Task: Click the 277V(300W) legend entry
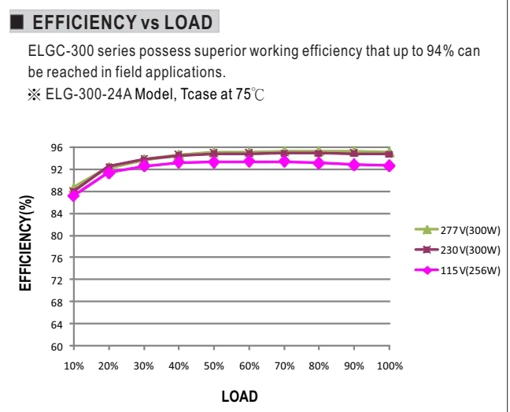pyautogui.click(x=457, y=230)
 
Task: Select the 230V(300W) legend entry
pyautogui.click(x=457, y=250)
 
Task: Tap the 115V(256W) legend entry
pyautogui.click(x=457, y=270)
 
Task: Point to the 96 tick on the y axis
pyautogui.click(x=57, y=148)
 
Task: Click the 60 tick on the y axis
pyautogui.click(x=57, y=347)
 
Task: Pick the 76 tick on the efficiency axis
pyautogui.click(x=57, y=258)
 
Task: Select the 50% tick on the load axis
pyautogui.click(x=214, y=366)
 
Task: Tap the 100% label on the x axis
pyautogui.click(x=390, y=366)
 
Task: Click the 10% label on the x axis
pyautogui.click(x=74, y=366)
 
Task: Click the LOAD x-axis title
pyautogui.click(x=240, y=397)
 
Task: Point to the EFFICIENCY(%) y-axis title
pyautogui.click(x=26, y=243)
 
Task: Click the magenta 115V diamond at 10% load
pyautogui.click(x=74, y=195)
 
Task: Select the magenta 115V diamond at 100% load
pyautogui.click(x=390, y=166)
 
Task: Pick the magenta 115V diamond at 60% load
pyautogui.click(x=249, y=161)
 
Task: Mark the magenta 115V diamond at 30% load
pyautogui.click(x=144, y=165)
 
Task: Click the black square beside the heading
pyautogui.click(x=17, y=22)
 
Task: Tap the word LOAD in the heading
pyautogui.click(x=188, y=22)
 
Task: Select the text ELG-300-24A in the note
pyautogui.click(x=88, y=95)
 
